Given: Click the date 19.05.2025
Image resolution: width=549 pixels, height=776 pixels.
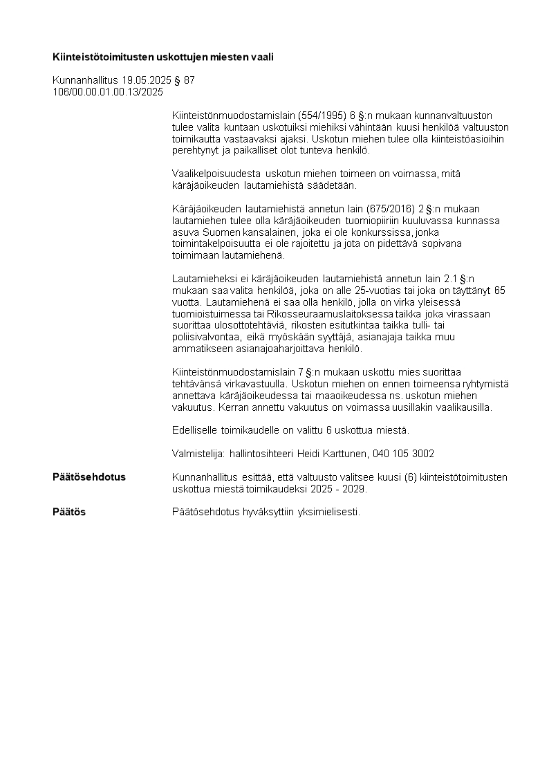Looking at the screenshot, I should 147,80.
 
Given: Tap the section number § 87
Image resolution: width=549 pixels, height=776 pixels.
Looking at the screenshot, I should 185,80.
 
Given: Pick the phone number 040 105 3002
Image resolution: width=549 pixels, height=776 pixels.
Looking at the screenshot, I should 404,454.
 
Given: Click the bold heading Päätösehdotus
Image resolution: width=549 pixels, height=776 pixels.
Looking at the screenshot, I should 89,477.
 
